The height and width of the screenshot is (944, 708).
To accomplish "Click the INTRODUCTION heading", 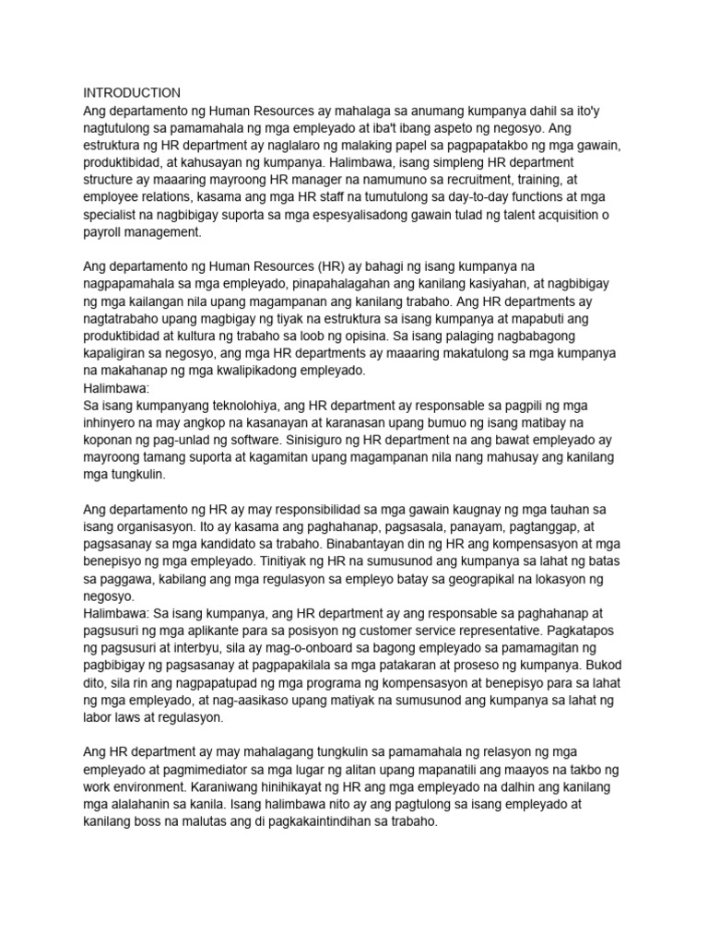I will pyautogui.click(x=132, y=93).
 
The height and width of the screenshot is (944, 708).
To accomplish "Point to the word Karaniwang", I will pyautogui.click(x=242, y=788).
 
